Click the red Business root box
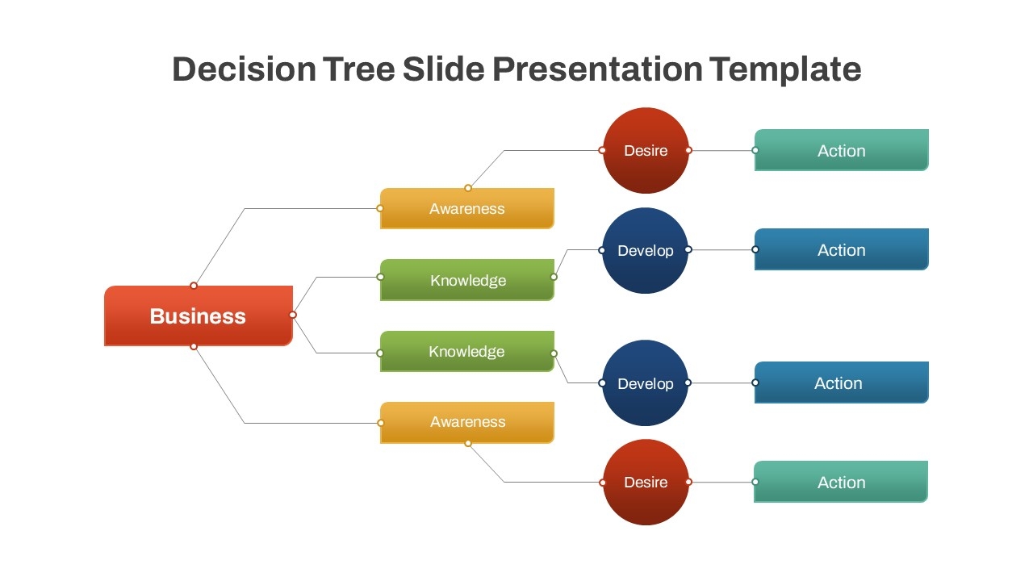(198, 316)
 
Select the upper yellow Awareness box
(466, 208)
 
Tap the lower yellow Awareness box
(466, 422)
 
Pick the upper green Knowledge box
(466, 280)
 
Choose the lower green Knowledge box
(466, 351)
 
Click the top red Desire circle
(646, 150)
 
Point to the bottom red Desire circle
(646, 482)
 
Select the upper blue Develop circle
(645, 250)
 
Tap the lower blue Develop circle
(645, 383)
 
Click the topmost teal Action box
(841, 150)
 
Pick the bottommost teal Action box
(841, 482)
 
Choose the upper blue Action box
(841, 249)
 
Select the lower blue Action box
(841, 382)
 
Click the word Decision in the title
(244, 69)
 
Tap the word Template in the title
(786, 69)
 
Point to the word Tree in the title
(359, 69)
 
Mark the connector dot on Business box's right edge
(293, 315)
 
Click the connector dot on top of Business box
(194, 285)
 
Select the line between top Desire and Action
(722, 150)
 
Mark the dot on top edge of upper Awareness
(467, 188)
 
